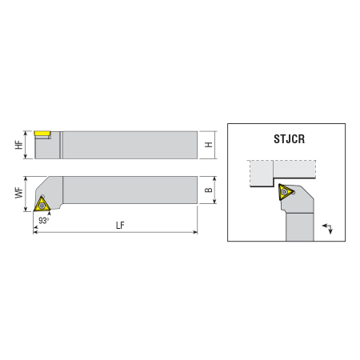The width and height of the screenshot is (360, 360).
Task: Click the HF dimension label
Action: (x=18, y=145)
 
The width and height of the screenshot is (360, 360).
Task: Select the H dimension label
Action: (x=209, y=145)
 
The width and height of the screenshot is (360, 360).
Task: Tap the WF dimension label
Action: (x=18, y=193)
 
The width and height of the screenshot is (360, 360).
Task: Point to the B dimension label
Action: (x=209, y=190)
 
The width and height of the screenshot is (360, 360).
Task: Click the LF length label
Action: (x=120, y=226)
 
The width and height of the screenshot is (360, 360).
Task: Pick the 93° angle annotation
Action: (x=44, y=221)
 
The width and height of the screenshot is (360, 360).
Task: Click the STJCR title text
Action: (x=289, y=139)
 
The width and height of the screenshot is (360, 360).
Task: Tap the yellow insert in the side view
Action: (x=42, y=133)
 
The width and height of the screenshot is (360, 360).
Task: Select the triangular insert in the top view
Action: (x=42, y=204)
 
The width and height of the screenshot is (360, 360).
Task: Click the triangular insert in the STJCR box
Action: (x=285, y=191)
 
